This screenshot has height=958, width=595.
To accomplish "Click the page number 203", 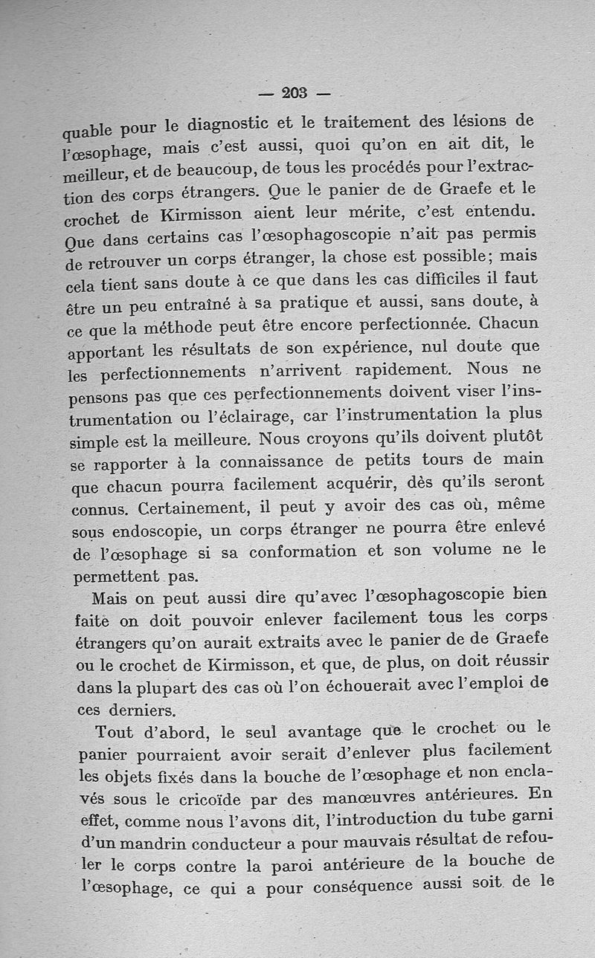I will pos(295,93).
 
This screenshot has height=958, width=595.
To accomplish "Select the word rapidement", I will pos(399,369).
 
